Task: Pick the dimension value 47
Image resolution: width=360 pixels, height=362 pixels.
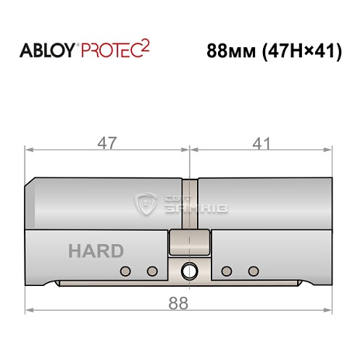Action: (108, 143)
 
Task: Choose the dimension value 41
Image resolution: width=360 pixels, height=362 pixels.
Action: (257, 143)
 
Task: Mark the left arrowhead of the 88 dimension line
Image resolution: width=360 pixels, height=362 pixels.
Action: (30, 312)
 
